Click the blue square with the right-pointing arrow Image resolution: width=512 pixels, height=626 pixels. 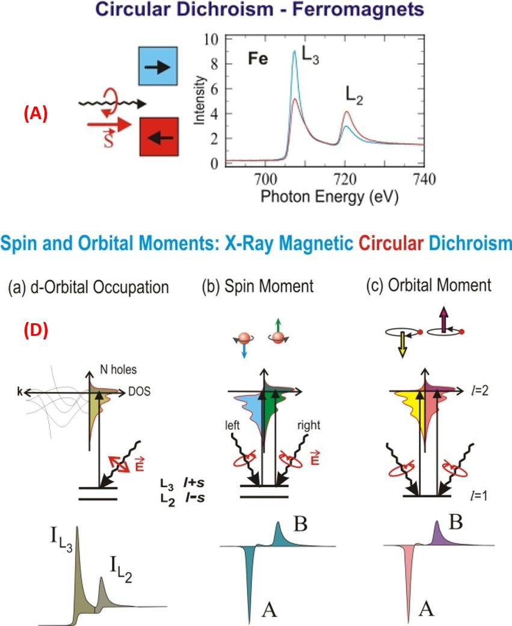pyautogui.click(x=158, y=67)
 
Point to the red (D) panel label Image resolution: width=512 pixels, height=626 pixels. pyautogui.click(x=35, y=330)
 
